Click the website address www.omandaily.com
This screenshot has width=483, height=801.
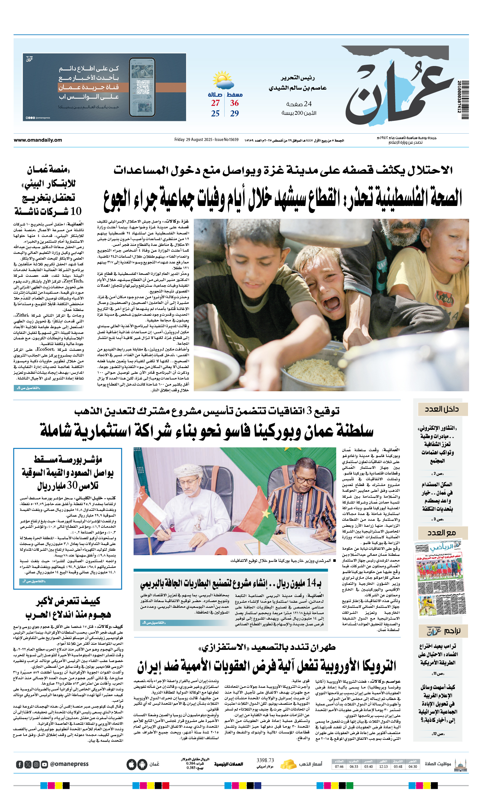38,140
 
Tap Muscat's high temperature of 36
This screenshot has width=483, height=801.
234,103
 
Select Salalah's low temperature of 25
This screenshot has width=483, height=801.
215,114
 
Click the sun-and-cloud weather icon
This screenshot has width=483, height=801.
223,80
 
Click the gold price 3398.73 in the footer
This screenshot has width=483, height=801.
265,760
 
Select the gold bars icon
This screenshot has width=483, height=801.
288,764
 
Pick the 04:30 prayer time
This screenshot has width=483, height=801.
413,767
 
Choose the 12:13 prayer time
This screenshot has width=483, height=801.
383,767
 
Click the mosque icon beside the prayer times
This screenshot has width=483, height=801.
460,764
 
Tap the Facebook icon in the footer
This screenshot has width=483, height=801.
19,764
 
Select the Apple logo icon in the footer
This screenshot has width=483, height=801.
131,764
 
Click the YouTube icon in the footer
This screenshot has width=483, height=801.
45,764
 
